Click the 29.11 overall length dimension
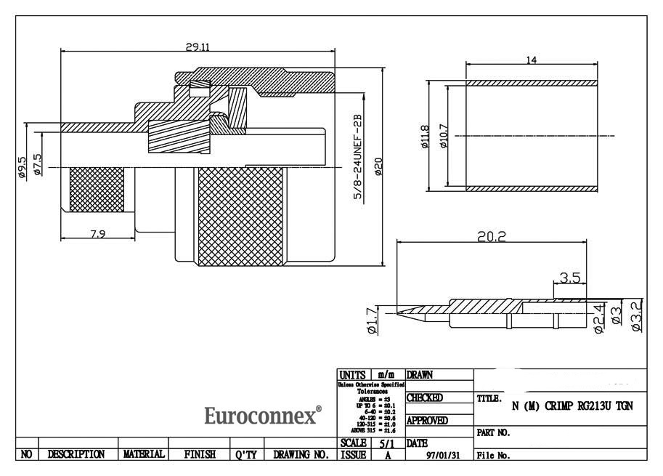point(198,47)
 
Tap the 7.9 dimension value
point(97,233)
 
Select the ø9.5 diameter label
point(22,166)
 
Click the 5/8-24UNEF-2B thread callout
point(357,158)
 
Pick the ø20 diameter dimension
point(378,166)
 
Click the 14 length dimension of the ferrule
point(532,60)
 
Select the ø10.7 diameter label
point(443,135)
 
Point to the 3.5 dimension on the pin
point(570,277)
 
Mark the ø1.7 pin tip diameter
point(372,320)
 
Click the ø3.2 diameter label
point(636,316)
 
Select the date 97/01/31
point(442,456)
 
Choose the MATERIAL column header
point(144,454)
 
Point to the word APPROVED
point(426,420)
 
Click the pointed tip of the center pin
point(396,312)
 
